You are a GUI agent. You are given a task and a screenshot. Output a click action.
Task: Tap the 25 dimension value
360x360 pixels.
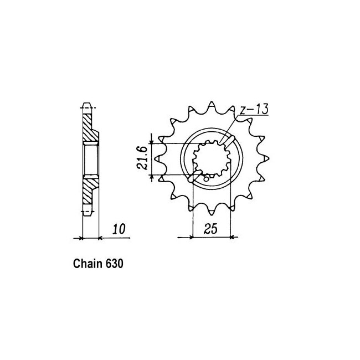211,229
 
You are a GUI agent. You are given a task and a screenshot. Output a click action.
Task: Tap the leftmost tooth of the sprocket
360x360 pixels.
158,159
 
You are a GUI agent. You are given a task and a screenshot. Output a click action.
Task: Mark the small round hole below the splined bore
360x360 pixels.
206,178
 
